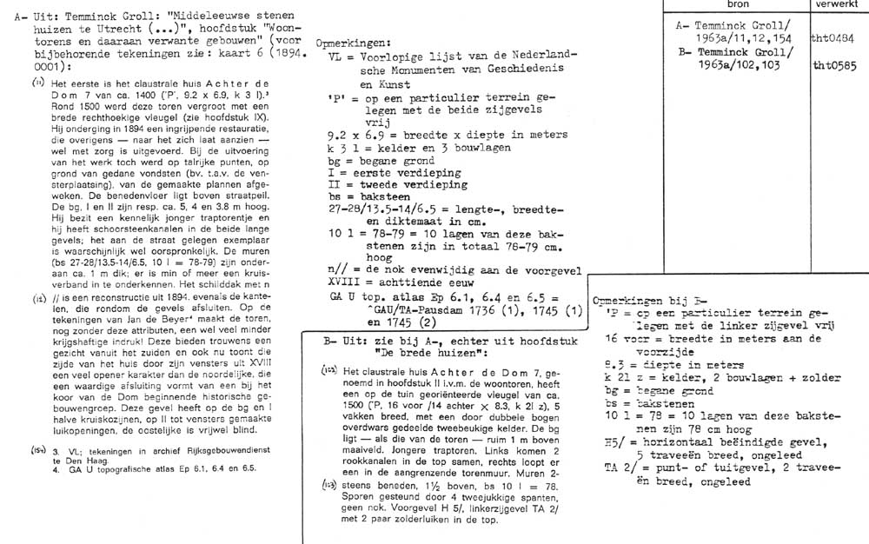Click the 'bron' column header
pyautogui.click(x=743, y=5)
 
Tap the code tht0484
pyautogui.click(x=833, y=39)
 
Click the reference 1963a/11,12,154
pyautogui.click(x=747, y=39)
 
